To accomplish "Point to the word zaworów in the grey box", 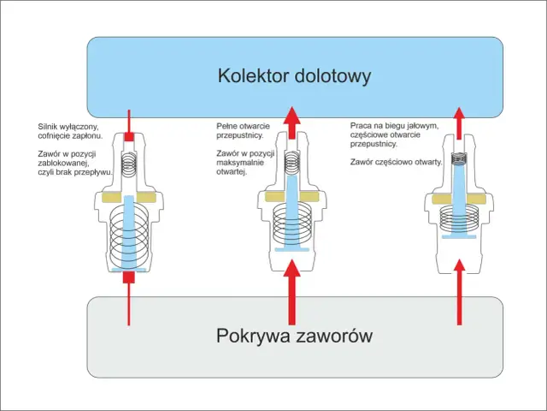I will click(335, 335).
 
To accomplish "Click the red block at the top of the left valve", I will click(128, 137).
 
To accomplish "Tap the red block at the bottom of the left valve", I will click(128, 277).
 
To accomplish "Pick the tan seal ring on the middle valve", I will click(292, 198).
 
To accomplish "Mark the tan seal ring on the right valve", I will click(460, 198).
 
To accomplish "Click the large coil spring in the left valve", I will click(128, 235).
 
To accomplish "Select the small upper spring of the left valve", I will click(128, 163).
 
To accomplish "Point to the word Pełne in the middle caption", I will click(226, 125).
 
